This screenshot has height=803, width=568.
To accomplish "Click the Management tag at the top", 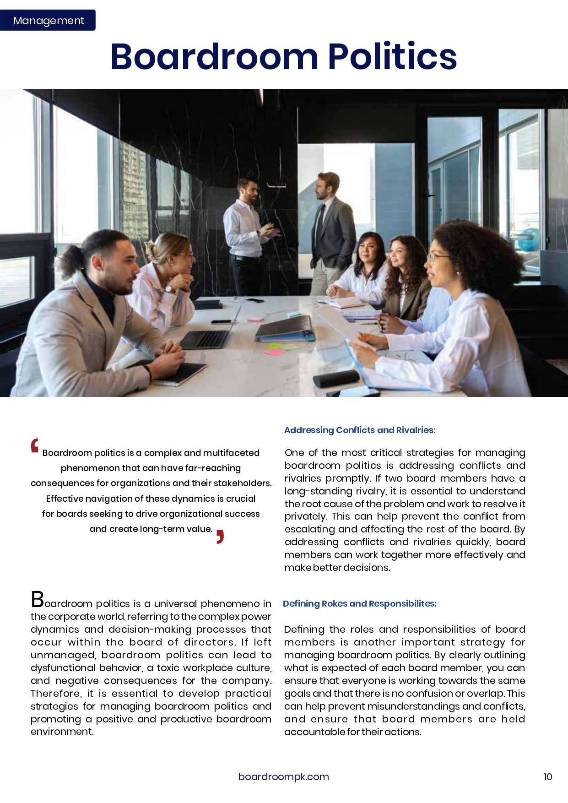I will [x=48, y=21].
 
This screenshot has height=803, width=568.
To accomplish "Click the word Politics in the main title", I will [x=392, y=57].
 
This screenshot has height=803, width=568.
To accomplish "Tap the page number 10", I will [x=547, y=776].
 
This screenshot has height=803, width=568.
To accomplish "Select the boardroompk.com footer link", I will [x=283, y=776].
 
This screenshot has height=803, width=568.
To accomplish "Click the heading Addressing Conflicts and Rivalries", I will [x=360, y=430].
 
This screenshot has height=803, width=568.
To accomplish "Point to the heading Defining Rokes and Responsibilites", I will [x=359, y=603].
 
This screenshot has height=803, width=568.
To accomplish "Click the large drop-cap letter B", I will [x=37, y=599].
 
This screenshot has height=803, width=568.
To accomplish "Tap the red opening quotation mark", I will [x=35, y=445].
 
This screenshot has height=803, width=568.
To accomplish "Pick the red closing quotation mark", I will [x=220, y=537].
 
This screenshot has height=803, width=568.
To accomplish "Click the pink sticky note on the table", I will [x=274, y=352].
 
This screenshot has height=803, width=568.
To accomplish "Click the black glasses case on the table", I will [x=336, y=378].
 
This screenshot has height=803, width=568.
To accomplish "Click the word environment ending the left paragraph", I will [x=62, y=732].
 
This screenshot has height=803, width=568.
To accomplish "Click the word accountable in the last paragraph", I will [x=314, y=732].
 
